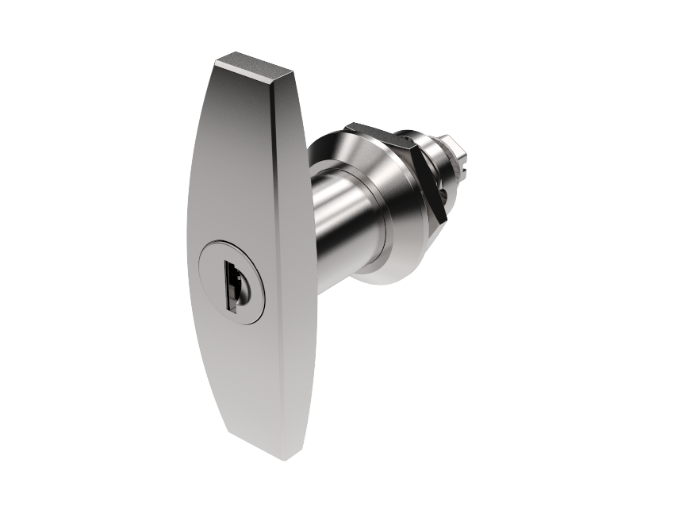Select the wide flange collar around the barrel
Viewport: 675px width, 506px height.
[389, 198]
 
